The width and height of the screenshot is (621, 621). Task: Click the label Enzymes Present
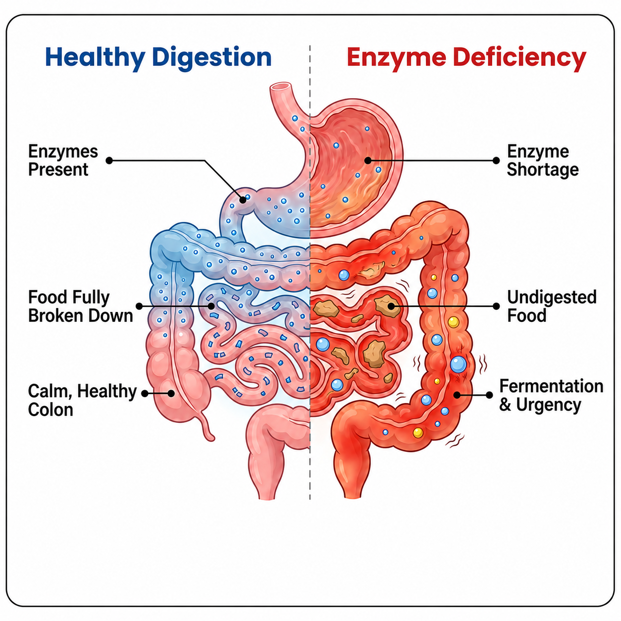click(63, 160)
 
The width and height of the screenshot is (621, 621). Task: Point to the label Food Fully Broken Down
click(81, 306)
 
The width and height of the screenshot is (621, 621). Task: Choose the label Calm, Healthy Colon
click(83, 400)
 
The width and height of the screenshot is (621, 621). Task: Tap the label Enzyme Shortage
click(543, 160)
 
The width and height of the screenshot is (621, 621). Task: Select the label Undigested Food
click(552, 306)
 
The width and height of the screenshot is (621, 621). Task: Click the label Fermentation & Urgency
click(551, 395)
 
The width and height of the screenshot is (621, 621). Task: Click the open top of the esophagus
click(281, 87)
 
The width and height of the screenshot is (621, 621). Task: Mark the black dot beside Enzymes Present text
click(109, 160)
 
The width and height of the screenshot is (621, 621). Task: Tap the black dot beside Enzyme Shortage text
click(496, 160)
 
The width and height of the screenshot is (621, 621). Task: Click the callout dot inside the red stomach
click(368, 160)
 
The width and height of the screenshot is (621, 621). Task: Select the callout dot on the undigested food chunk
click(391, 306)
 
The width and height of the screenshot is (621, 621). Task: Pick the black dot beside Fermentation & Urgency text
click(489, 395)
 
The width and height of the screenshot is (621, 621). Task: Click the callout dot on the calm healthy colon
click(171, 393)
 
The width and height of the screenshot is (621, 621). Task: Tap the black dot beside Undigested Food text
click(496, 306)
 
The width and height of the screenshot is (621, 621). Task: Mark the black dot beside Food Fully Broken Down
click(139, 306)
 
